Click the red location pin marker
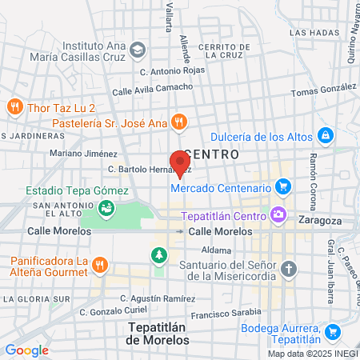(x=179, y=162)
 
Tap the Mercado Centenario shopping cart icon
(x=282, y=187)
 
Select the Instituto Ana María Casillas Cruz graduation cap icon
(x=138, y=50)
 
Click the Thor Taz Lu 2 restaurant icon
(x=14, y=106)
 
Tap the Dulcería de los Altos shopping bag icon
(x=325, y=134)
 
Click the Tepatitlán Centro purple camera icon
(x=278, y=214)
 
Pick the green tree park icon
(x=158, y=255)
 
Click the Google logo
(x=26, y=350)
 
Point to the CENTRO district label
(x=212, y=152)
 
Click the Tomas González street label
(x=324, y=92)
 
